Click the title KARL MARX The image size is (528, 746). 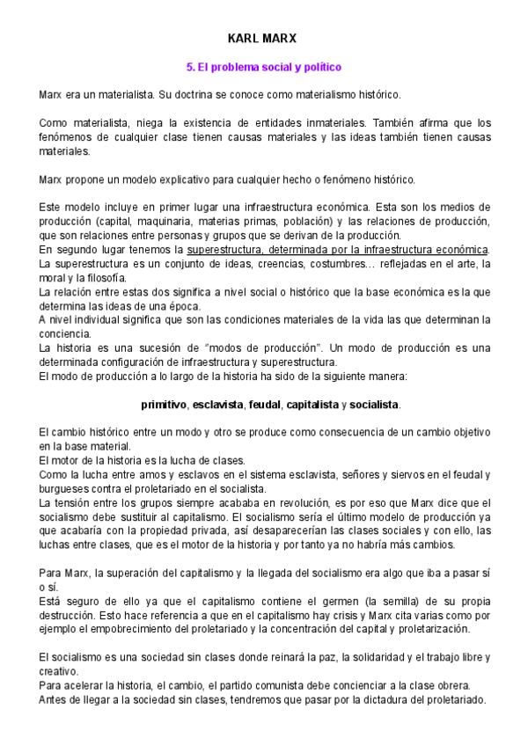pos(263,39)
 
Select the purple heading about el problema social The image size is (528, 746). pos(263,67)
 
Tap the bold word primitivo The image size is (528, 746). pos(165,405)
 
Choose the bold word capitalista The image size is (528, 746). pos(315,405)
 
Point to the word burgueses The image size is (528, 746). pos(63,489)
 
